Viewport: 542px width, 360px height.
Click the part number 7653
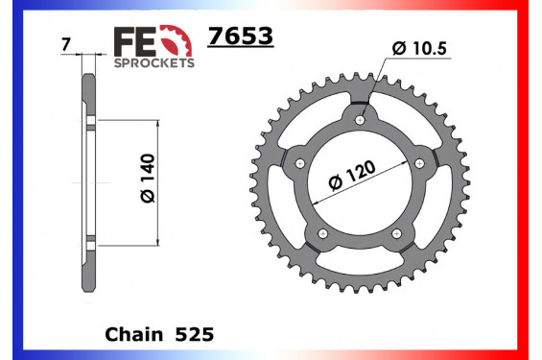(x=241, y=36)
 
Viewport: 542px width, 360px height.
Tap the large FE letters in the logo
(x=133, y=39)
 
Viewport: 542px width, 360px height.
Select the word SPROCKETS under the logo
(x=154, y=62)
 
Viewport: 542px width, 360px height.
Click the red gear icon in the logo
(x=174, y=40)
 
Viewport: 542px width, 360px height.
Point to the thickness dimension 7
(x=63, y=45)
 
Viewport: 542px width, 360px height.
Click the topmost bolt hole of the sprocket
(x=360, y=120)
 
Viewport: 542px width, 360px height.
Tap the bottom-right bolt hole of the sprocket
(x=396, y=232)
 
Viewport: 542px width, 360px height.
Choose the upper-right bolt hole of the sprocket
(x=419, y=163)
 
